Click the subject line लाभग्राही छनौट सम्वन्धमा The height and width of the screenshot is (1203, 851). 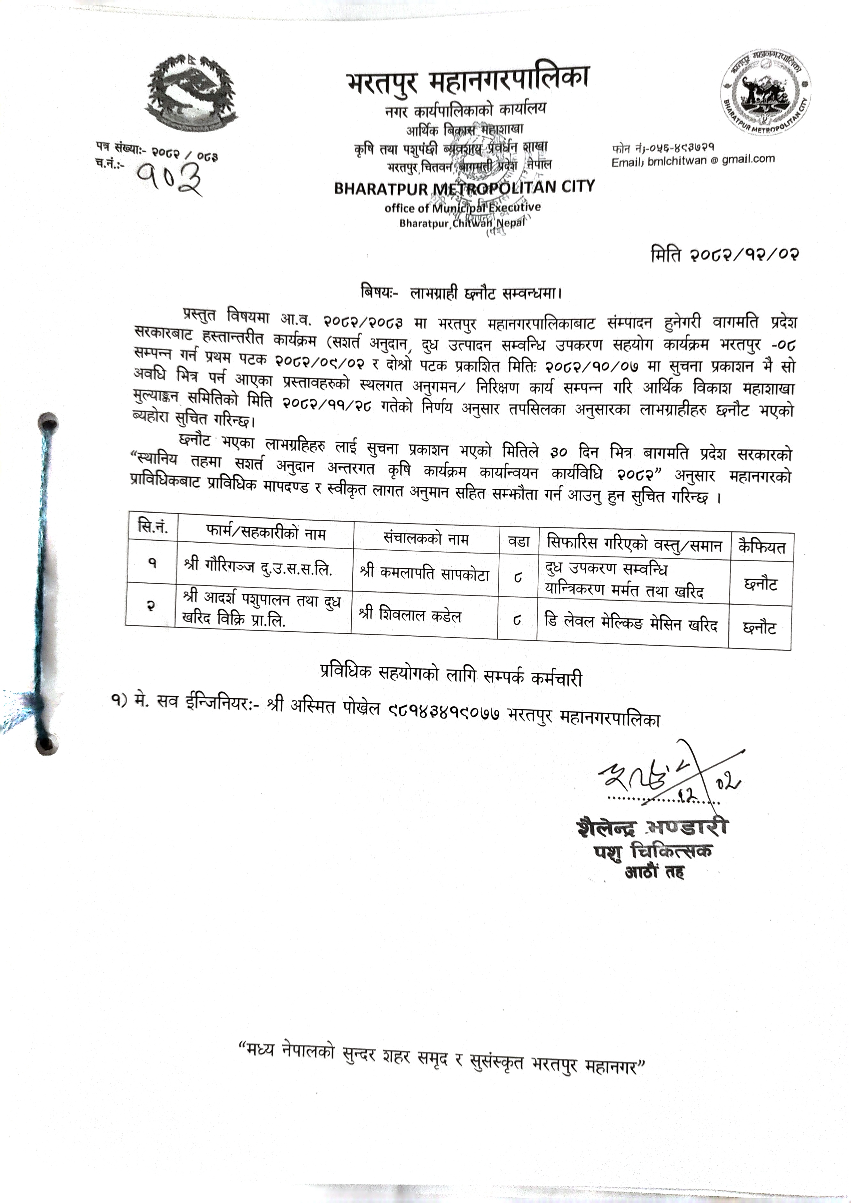tap(461, 293)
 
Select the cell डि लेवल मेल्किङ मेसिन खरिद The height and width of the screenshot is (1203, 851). tap(631, 624)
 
